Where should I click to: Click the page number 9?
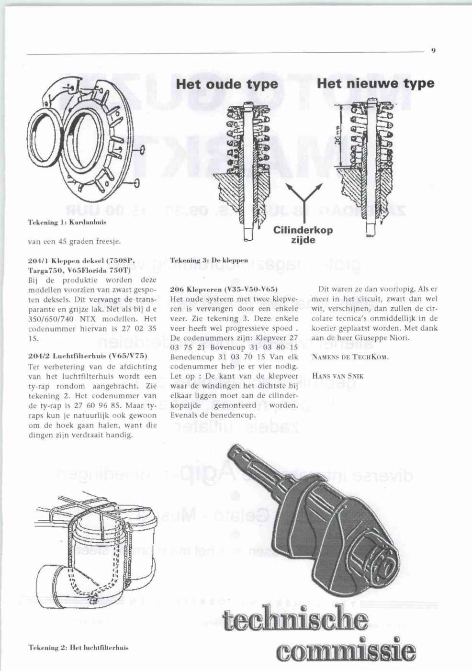(433, 50)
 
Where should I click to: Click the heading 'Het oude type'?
(227, 84)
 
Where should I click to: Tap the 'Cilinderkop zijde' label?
(303, 235)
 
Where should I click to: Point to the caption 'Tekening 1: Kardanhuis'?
(67, 222)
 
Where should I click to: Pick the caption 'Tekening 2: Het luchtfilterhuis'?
(79, 648)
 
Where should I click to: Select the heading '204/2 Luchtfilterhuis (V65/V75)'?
(87, 356)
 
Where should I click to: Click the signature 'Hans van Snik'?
(337, 376)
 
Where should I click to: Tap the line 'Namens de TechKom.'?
(350, 357)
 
